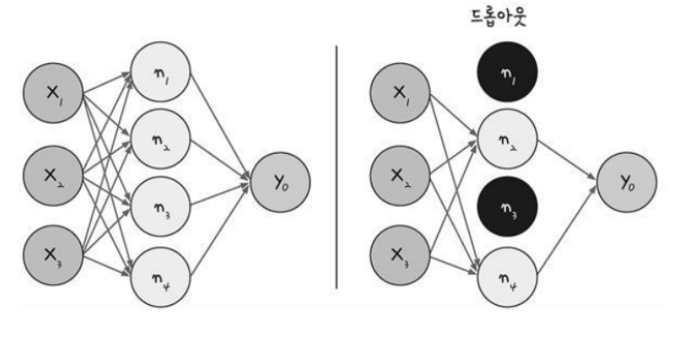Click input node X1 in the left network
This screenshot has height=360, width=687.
point(54,93)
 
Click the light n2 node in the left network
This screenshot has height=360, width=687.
point(159,138)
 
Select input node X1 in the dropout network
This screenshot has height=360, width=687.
point(400,93)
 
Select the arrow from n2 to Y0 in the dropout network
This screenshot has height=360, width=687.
point(566,159)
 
